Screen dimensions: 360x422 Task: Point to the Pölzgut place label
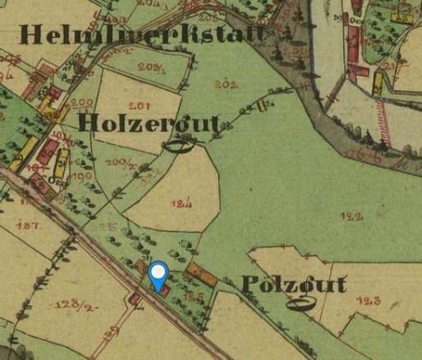[x=294, y=285]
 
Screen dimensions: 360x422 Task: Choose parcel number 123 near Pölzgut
[x=370, y=301]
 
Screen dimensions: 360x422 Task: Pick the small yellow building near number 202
[x=264, y=104]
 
